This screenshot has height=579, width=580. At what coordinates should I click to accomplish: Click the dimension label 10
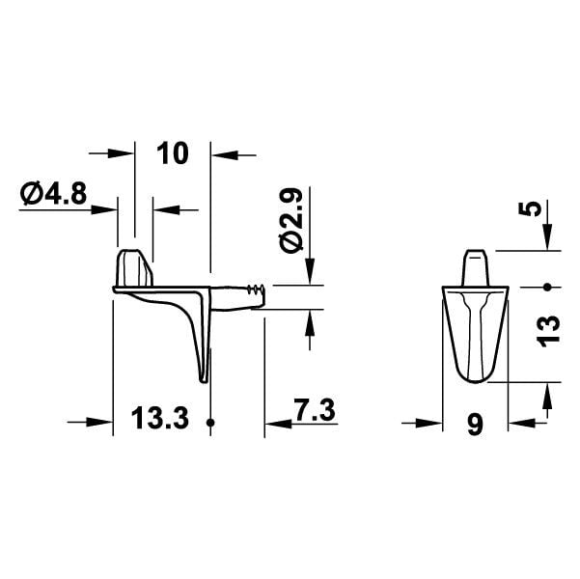[x=173, y=153]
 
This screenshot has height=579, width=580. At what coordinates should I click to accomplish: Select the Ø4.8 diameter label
[x=54, y=194]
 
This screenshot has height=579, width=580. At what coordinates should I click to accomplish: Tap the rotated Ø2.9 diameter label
[x=291, y=221]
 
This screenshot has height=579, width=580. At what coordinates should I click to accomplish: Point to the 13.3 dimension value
[x=160, y=418]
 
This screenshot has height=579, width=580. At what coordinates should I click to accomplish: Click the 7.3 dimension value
[x=314, y=409]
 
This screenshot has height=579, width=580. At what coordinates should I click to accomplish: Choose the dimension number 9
[x=475, y=425]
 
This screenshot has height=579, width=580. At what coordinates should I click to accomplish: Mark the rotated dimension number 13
[x=548, y=332]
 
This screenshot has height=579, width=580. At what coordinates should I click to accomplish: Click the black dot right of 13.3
[x=210, y=422]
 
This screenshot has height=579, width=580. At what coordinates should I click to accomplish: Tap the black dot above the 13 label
[x=547, y=287]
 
